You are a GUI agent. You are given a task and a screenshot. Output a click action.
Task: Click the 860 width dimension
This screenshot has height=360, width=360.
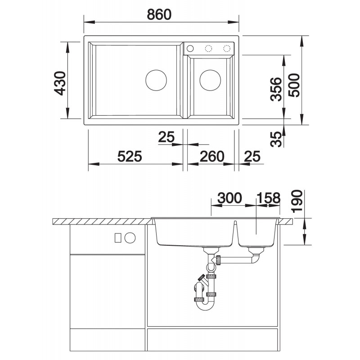pyautogui.click(x=159, y=14)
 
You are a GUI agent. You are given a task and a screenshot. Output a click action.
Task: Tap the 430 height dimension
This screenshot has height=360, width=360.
pyautogui.click(x=60, y=83)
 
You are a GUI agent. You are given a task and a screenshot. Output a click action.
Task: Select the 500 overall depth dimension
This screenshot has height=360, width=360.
pyautogui.click(x=294, y=85)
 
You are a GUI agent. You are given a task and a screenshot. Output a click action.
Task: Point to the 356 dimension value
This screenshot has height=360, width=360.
pyautogui.click(x=276, y=89)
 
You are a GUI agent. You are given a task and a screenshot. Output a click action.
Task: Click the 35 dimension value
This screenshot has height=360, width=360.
pyautogui.click(x=276, y=139)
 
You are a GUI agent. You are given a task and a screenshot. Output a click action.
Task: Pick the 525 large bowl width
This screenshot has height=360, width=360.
pyautogui.click(x=130, y=156)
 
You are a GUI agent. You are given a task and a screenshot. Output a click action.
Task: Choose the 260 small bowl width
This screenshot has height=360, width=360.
pyautogui.click(x=211, y=156)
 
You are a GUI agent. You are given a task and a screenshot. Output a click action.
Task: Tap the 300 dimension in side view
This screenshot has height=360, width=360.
pyautogui.click(x=229, y=198)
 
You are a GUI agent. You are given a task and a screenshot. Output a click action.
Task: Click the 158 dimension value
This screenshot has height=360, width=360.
pyautogui.click(x=268, y=198)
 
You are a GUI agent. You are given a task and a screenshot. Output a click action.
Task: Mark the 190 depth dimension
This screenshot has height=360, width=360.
pyautogui.click(x=297, y=201)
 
